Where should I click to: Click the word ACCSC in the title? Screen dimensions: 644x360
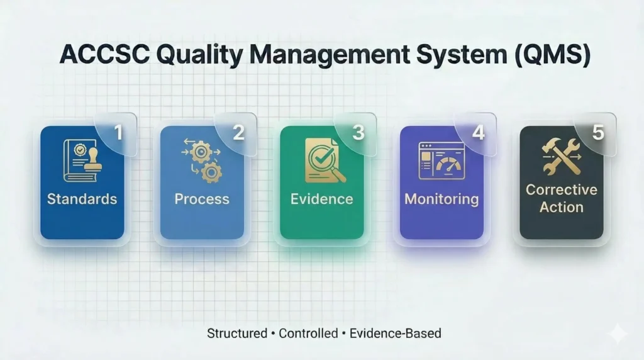pos(105,54)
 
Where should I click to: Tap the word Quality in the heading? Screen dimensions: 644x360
pos(199,55)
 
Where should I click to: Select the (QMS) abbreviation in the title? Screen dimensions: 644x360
pos(552,55)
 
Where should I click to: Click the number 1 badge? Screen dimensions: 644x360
pos(119,132)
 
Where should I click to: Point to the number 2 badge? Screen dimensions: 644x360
pos(238,132)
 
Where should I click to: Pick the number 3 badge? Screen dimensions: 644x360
pos(358,132)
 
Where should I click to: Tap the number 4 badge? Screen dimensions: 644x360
pos(479,132)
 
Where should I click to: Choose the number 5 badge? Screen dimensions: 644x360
pos(598,132)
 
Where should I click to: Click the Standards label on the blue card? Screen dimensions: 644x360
pos(82,199)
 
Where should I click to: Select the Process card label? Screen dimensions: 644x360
pos(202,199)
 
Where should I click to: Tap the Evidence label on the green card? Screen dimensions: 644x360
pos(321,199)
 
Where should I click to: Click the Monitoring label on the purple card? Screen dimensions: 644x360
pos(441,200)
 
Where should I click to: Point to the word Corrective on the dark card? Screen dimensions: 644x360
pos(562,190)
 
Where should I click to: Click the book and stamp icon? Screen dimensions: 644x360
pos(82,160)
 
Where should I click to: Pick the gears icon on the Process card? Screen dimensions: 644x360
pos(202,160)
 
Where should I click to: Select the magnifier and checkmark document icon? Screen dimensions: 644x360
pos(325,160)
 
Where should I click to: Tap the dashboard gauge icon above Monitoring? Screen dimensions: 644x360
pos(441,160)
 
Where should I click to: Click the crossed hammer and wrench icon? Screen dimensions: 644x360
pos(562,156)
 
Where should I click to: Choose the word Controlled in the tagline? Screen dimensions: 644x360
pos(308,334)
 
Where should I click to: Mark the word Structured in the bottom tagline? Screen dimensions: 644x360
pos(237,334)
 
